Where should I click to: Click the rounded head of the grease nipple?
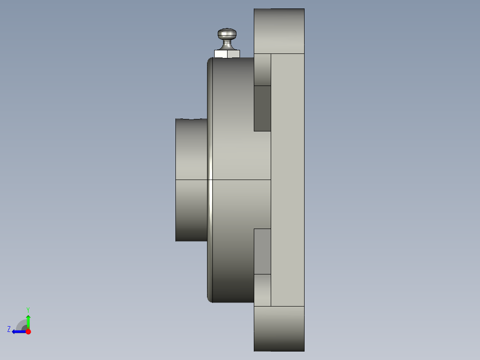click(227, 34)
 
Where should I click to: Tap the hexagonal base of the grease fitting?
click(227, 54)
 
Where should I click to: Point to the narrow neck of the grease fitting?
click(227, 45)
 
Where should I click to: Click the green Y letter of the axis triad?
click(28, 310)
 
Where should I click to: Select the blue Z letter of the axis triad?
click(9, 329)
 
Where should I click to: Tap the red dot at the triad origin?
click(28, 331)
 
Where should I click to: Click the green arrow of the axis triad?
click(28, 322)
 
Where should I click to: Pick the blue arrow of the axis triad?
click(19, 332)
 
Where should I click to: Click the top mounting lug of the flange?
click(279, 31)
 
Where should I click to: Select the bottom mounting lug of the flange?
click(279, 329)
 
